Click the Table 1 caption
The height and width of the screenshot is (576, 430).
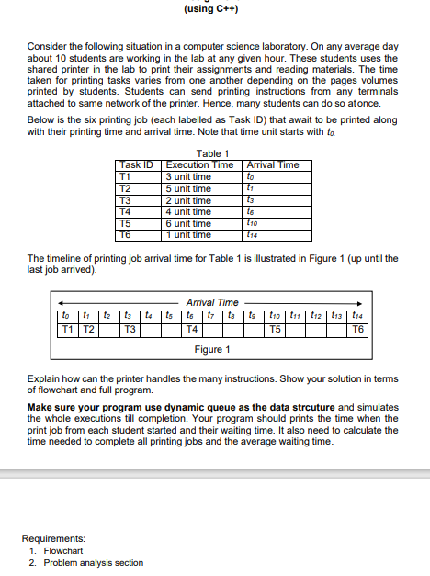pos(213,153)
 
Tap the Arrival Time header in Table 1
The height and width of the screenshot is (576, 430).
pos(273,165)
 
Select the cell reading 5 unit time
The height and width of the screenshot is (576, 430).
pos(188,188)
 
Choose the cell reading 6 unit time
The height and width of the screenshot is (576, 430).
pos(188,223)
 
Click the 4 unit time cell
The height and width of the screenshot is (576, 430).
pos(188,212)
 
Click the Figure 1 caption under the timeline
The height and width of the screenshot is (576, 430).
pos(213,350)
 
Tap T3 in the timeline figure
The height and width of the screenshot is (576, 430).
pos(130,329)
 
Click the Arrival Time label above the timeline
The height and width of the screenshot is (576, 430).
pos(212,302)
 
